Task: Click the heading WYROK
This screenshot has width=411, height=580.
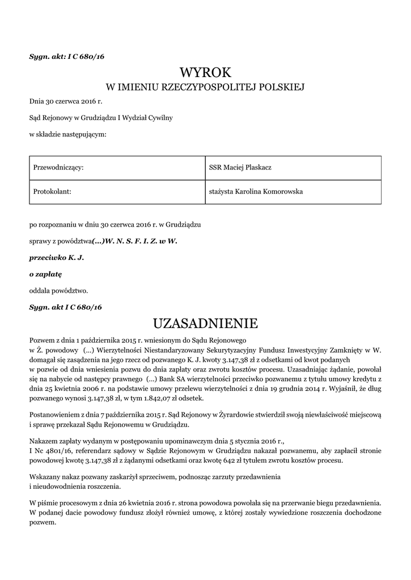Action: click(205, 72)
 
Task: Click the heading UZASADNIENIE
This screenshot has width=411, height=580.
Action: click(205, 323)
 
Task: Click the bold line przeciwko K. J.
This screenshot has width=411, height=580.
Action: click(57, 257)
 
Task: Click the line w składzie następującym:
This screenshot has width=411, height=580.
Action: click(67, 134)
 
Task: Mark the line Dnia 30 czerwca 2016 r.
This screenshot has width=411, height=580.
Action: click(66, 101)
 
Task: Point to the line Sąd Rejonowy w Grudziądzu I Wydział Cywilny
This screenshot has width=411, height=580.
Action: click(101, 118)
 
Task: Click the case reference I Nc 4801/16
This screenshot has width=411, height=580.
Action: click(53, 449)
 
